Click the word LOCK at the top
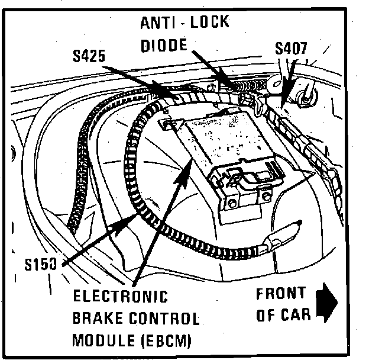pos(209,24)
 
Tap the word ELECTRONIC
pos(120,297)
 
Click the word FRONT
pos(281,293)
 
